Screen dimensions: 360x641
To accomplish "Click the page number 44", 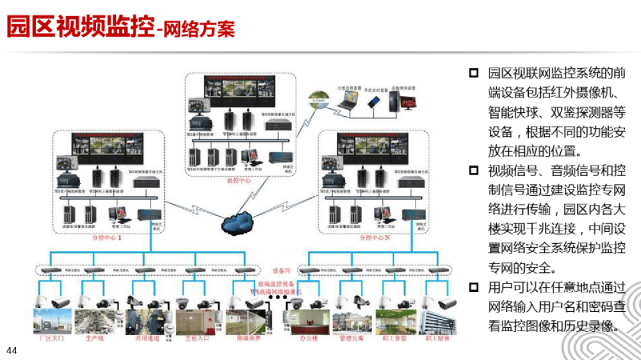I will (12, 351).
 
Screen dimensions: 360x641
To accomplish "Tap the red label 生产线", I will (95, 338).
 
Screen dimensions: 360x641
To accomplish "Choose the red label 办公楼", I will (309, 338).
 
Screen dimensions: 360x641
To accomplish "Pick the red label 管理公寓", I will (351, 338).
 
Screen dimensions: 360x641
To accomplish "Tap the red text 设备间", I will (281, 268).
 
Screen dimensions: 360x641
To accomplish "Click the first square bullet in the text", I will (473, 73).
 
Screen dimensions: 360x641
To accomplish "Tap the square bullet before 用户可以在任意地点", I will (473, 288).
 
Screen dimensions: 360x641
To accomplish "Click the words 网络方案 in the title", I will (199, 28).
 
